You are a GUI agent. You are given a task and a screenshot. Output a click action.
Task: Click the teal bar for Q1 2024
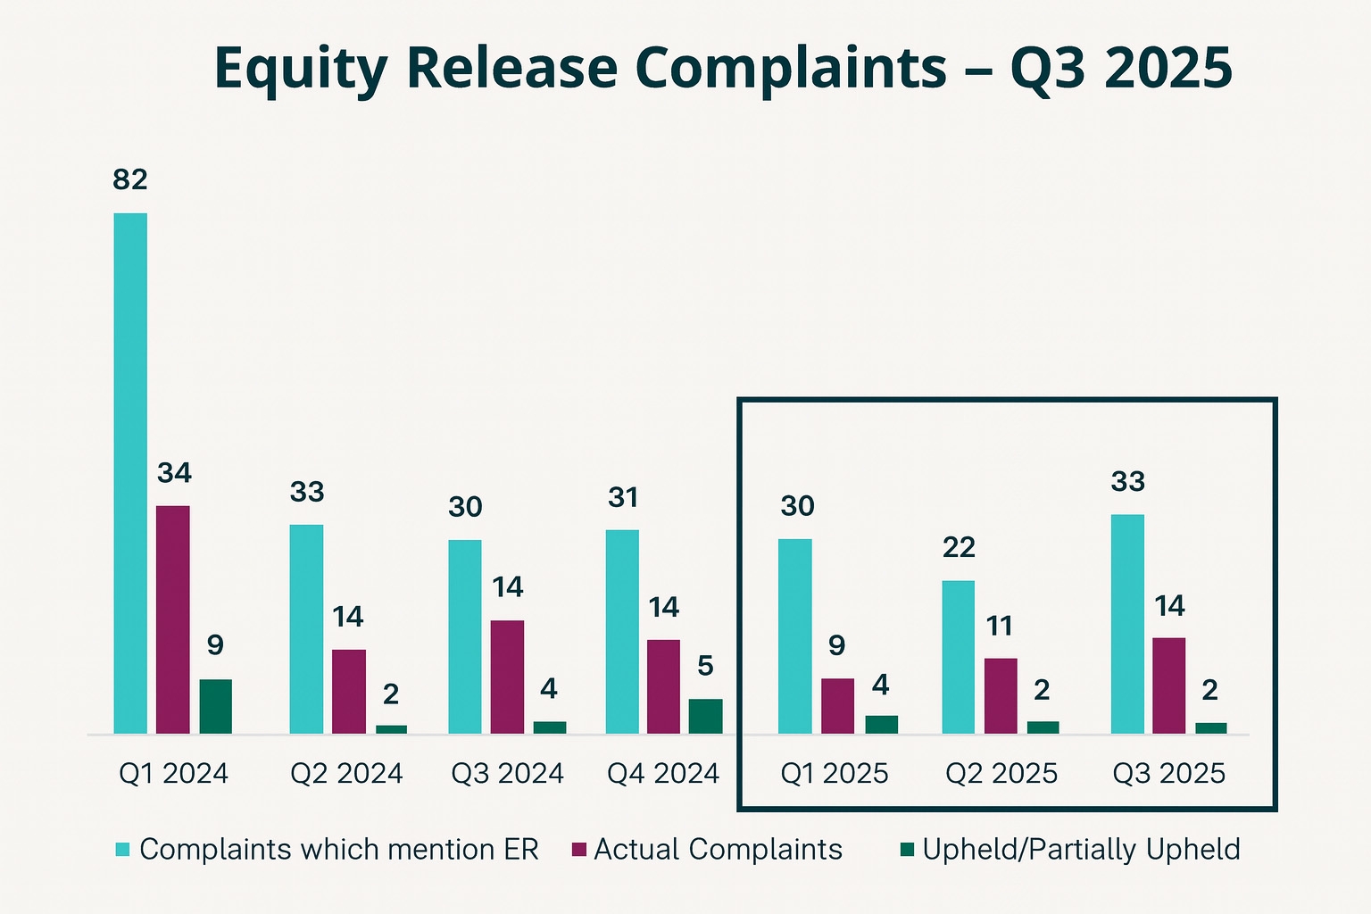tap(130, 473)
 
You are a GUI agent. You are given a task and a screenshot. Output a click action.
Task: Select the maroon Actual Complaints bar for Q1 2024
tap(173, 619)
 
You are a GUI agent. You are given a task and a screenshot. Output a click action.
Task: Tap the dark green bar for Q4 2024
tap(705, 716)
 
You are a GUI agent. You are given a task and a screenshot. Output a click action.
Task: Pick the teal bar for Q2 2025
tap(959, 657)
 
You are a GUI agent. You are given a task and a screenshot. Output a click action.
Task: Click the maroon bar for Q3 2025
tap(1168, 685)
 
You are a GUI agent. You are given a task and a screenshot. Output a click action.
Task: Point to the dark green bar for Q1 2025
tap(882, 725)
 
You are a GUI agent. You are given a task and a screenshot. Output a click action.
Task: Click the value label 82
tap(130, 180)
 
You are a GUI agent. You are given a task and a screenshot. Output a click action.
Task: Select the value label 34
tap(174, 473)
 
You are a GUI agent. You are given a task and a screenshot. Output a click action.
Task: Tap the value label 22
tap(959, 547)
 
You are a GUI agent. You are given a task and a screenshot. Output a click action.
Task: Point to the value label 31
tap(623, 497)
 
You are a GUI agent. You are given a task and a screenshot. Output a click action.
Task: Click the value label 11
tap(1000, 626)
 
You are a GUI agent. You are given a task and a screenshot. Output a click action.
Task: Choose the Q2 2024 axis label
tap(346, 773)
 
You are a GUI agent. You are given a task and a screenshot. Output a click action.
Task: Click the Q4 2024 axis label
tap(663, 773)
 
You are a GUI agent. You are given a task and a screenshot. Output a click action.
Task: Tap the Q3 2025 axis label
tap(1168, 773)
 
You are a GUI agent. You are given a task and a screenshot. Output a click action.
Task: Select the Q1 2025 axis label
tap(835, 773)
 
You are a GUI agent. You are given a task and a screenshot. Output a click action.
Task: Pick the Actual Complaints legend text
tap(718, 850)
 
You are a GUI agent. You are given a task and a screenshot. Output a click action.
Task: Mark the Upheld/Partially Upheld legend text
tap(1081, 850)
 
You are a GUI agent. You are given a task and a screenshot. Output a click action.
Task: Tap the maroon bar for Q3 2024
tap(508, 677)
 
